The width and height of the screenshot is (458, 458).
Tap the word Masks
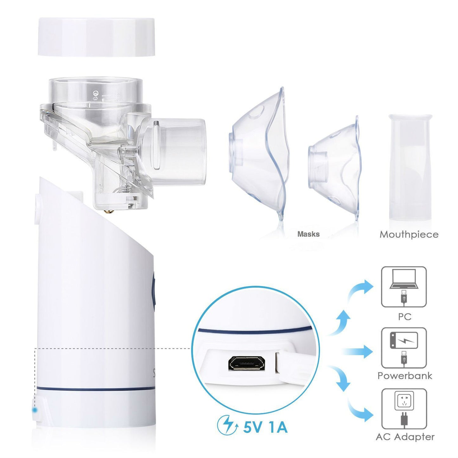point(308,234)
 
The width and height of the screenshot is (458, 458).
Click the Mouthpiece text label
point(409,235)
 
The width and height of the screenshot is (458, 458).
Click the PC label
point(405,317)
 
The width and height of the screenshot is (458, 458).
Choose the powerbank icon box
point(404,348)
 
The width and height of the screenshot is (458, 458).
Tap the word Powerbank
point(405,376)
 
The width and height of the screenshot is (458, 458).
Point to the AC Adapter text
point(405,437)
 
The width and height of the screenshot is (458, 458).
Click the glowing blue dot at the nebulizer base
point(35,410)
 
